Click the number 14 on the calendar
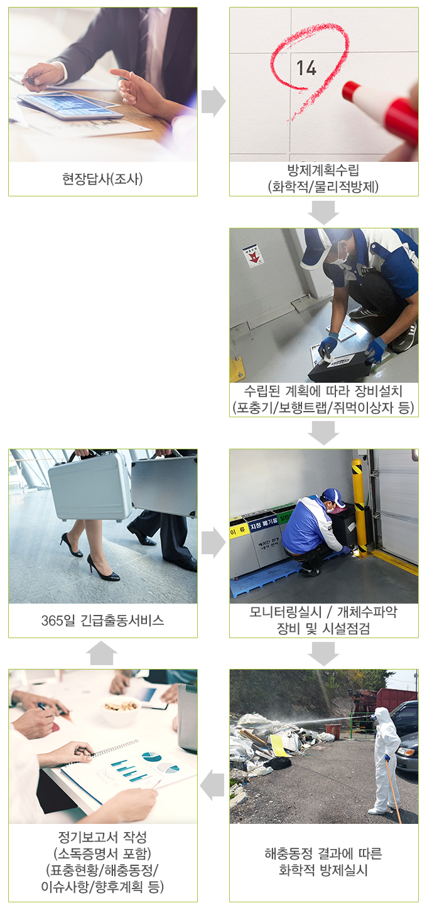(x=306, y=67)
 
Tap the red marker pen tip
(x=350, y=90)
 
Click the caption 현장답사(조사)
(x=102, y=179)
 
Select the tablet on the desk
(x=69, y=104)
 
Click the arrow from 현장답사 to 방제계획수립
(x=213, y=102)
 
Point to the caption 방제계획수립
(x=323, y=170)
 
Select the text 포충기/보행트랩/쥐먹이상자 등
(x=323, y=408)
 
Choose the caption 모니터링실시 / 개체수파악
(x=323, y=612)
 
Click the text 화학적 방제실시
(x=323, y=871)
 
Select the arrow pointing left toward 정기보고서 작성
(x=213, y=785)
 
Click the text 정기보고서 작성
(x=102, y=838)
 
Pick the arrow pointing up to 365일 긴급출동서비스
(x=102, y=653)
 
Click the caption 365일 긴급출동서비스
(x=102, y=621)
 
